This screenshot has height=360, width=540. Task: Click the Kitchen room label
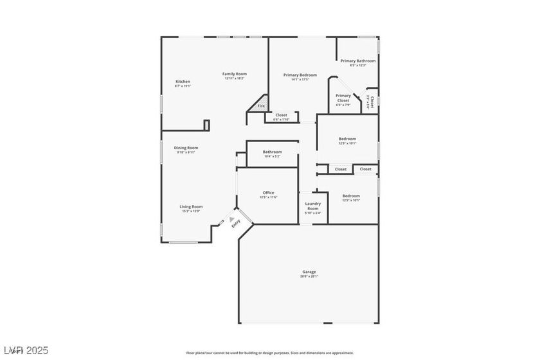coord(183,82)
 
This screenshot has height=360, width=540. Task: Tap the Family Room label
coord(235,74)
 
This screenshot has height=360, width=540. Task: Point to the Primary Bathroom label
coord(358,61)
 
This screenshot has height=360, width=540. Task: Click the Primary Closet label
coord(343,98)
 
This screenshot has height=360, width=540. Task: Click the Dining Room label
coord(186,148)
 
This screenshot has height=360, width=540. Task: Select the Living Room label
coord(191,206)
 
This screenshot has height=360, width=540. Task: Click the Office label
coord(268,193)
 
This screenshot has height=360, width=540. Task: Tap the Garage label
coord(309,271)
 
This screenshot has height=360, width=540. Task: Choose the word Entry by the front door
coord(236,224)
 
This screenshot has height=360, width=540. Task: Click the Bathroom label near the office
coord(272,152)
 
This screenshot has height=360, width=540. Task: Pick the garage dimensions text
coord(309,276)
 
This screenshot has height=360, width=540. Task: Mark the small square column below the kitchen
coord(206,125)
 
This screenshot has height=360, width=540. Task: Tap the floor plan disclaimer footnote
coord(269,352)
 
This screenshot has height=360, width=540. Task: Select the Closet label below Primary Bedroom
coord(281,115)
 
